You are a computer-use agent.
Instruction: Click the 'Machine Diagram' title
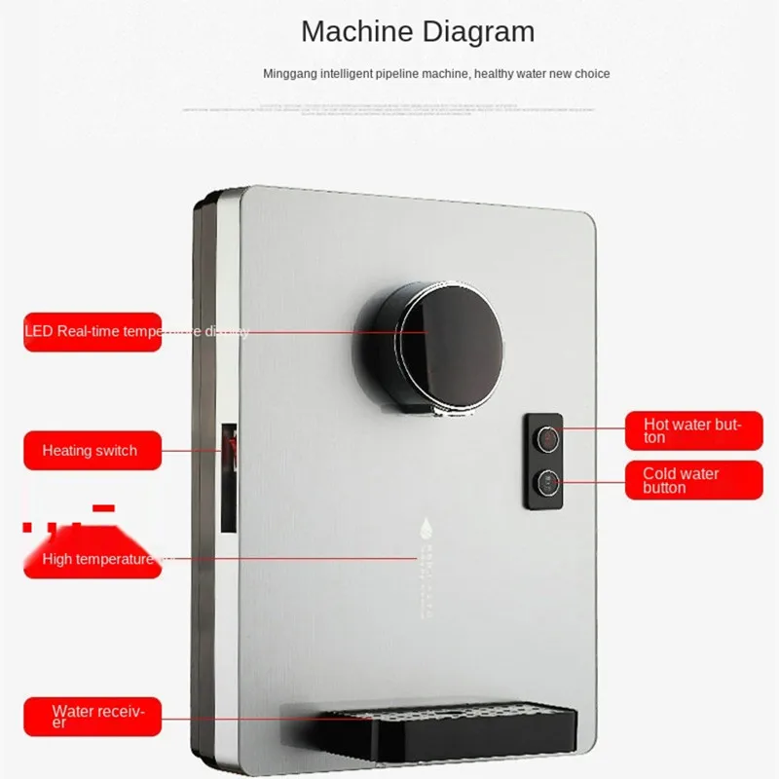pyautogui.click(x=418, y=31)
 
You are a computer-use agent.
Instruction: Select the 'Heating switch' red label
pyautogui.click(x=93, y=451)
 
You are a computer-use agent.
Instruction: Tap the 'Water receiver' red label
pyautogui.click(x=93, y=716)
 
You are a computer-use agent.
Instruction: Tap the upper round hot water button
pyautogui.click(x=548, y=440)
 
